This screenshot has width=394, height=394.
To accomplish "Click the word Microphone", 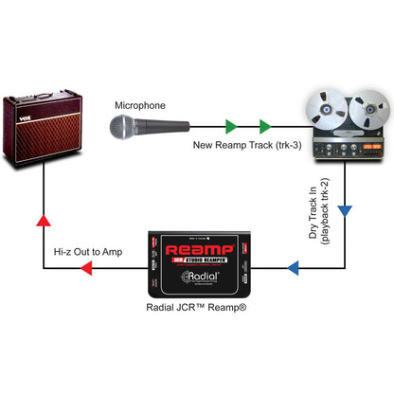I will (x=140, y=105).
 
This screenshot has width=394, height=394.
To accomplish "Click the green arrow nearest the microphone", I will (x=230, y=125).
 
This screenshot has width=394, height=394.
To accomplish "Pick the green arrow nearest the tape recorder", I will (x=264, y=125).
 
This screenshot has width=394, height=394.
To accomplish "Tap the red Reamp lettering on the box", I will (x=199, y=251).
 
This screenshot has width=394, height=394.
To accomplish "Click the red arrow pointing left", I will (x=85, y=269).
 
